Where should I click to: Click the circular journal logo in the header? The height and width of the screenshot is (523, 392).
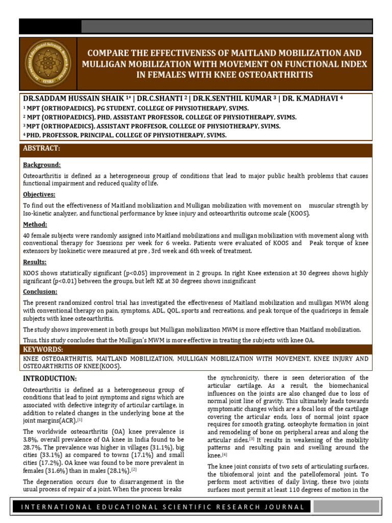tap(47, 65)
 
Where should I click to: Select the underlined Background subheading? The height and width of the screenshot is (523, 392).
tap(42, 165)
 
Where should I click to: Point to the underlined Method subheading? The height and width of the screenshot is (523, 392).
tap(35, 224)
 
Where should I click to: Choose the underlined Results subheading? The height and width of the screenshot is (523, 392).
tap(35, 262)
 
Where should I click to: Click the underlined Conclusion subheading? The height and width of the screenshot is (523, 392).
tap(40, 292)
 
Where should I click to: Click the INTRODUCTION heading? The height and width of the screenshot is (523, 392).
tap(50, 378)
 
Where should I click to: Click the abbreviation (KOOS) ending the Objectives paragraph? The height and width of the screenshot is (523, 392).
tap(299, 213)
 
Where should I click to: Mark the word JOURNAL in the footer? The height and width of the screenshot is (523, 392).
tap(287, 507)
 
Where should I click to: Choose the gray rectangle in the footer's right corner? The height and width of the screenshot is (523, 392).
tap(346, 507)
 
